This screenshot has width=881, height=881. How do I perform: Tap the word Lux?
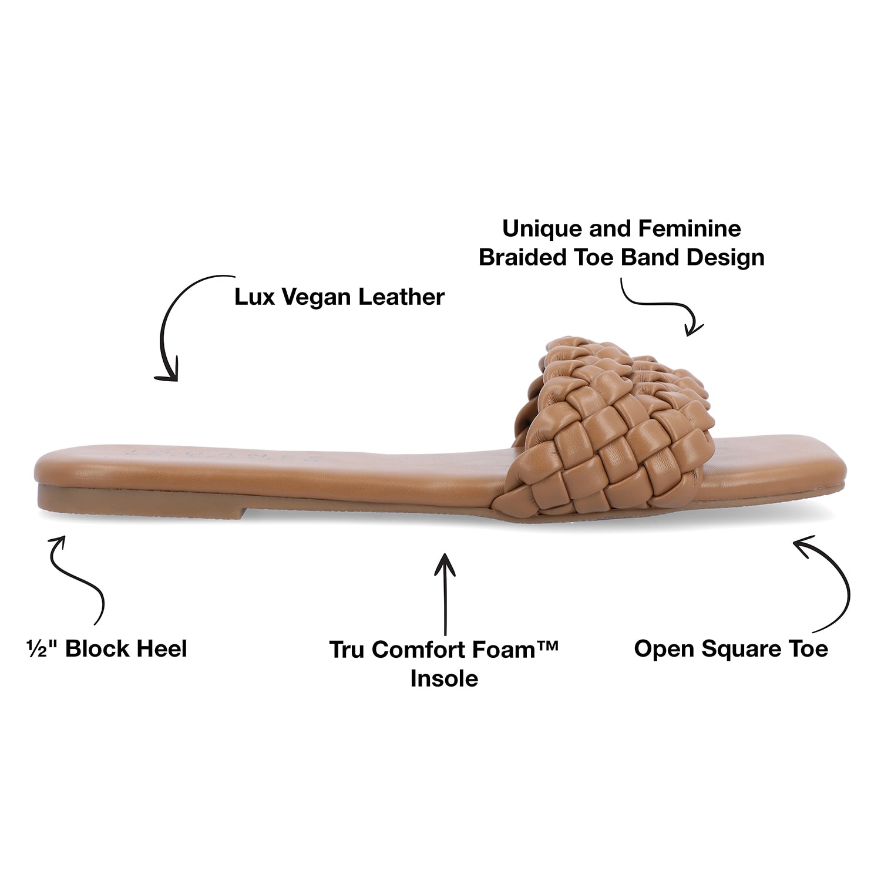click(x=255, y=297)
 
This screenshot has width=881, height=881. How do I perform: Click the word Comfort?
click(x=418, y=650)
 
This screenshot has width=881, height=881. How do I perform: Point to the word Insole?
click(x=444, y=678)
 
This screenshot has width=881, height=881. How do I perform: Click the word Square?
click(x=748, y=649)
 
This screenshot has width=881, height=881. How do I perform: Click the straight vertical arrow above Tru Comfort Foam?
click(x=445, y=593)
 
